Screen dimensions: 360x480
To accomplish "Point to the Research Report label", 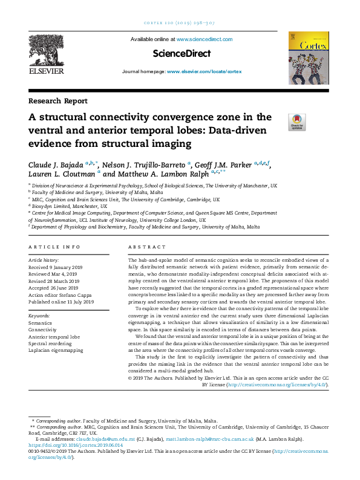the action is (x=57, y=101).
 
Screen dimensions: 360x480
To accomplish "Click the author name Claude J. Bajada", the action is (x=56, y=164).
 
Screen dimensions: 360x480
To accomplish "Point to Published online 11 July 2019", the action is (x=61, y=302).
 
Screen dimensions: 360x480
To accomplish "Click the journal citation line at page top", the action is (x=180, y=24).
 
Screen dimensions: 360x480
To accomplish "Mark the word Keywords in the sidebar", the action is (x=40, y=316).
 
